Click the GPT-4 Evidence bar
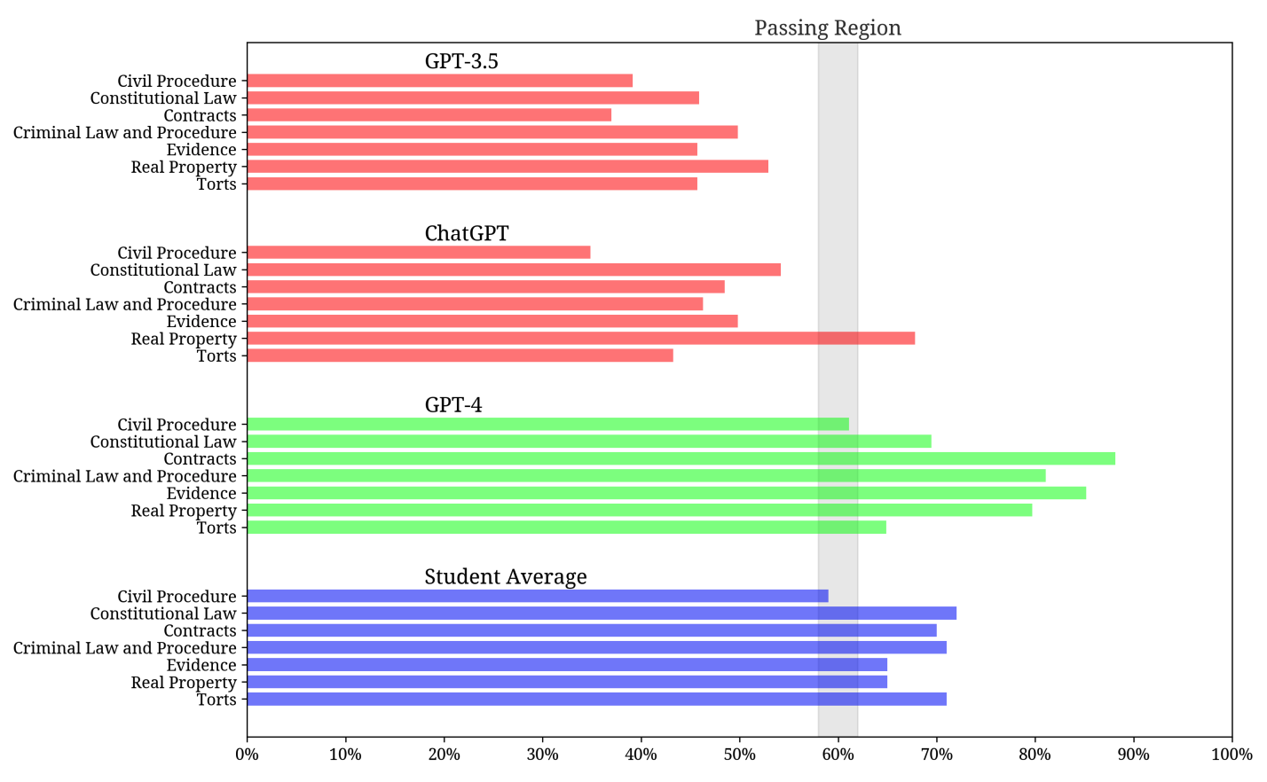point(665,493)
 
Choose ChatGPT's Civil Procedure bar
point(418,253)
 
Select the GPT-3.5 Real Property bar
point(507,167)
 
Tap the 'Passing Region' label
point(827,28)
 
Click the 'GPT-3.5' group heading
point(461,61)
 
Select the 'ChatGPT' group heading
point(467,233)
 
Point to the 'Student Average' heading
point(506,577)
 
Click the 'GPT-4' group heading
point(453,405)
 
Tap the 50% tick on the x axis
point(739,755)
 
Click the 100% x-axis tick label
point(1231,755)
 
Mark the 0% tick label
point(247,755)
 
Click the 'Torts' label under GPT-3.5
point(216,184)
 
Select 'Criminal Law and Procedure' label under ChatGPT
point(125,305)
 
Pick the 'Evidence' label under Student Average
point(201,666)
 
